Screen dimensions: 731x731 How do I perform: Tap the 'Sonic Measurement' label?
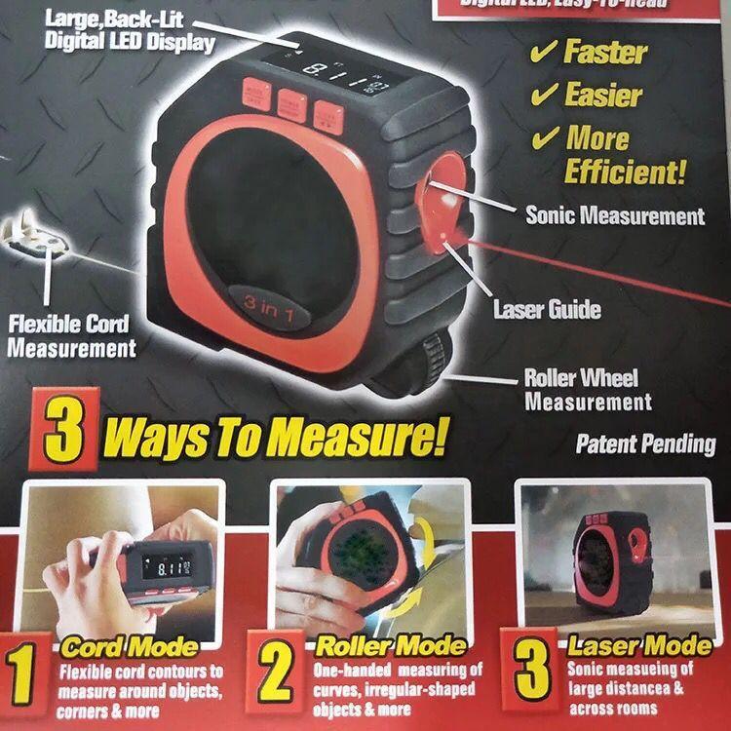pyautogui.click(x=614, y=215)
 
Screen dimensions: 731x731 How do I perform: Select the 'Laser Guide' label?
pyautogui.click(x=547, y=310)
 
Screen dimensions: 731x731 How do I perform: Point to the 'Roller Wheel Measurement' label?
pyautogui.click(x=588, y=389)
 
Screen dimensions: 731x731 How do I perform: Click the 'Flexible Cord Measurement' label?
pyautogui.click(x=72, y=335)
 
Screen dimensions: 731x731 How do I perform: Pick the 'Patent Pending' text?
pyautogui.click(x=645, y=444)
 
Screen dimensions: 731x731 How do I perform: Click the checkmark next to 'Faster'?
pyautogui.click(x=544, y=51)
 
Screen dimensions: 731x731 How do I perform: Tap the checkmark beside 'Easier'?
pyautogui.click(x=544, y=95)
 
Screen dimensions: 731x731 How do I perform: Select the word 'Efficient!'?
pyautogui.click(x=625, y=173)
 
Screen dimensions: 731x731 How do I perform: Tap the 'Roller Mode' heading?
pyautogui.click(x=390, y=646)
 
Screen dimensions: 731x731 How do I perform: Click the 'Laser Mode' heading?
pyautogui.click(x=639, y=646)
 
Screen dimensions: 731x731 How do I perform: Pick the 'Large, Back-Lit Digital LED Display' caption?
pyautogui.click(x=129, y=29)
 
